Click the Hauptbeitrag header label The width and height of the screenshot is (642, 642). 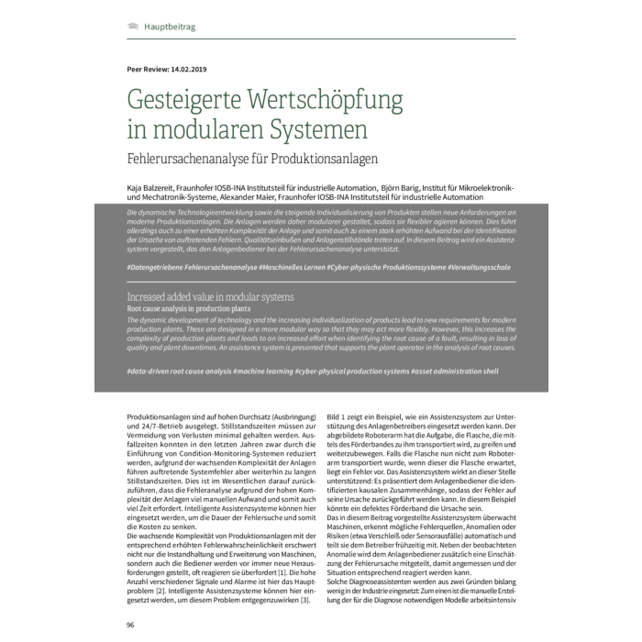coord(170,27)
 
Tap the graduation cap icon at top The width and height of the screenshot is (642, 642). coord(133,27)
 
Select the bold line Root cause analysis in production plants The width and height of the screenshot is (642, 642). coord(189,310)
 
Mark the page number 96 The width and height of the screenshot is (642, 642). coord(132,624)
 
